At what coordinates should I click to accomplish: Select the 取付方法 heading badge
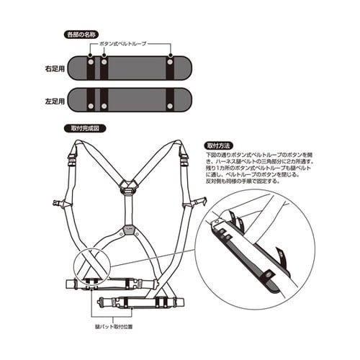tap(220, 145)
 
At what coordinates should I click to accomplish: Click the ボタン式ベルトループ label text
tap(134, 45)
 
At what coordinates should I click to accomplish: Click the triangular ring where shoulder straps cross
tap(130, 185)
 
